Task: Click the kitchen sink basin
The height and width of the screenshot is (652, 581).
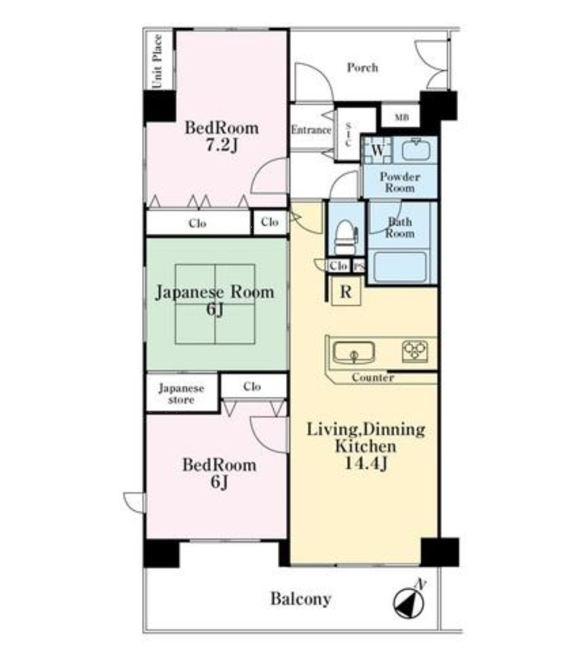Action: tap(354, 352)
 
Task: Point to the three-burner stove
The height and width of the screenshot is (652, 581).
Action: tap(415, 351)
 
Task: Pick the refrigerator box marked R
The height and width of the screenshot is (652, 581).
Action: tap(346, 291)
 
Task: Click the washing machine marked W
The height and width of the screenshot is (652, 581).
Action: tap(377, 150)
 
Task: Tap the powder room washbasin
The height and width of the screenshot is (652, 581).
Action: tap(416, 150)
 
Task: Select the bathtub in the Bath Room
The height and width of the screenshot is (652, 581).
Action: tap(400, 267)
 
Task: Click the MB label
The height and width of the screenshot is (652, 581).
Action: tap(402, 117)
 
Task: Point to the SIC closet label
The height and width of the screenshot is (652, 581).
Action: tap(348, 134)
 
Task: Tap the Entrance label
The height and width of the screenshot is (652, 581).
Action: tap(311, 130)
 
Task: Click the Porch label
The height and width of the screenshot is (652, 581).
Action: tap(363, 68)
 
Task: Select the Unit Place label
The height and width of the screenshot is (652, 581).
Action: tap(157, 62)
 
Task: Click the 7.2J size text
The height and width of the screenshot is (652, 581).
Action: tap(222, 145)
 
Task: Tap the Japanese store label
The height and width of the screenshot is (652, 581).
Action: tap(181, 394)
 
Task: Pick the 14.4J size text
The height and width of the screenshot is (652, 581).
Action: tap(366, 464)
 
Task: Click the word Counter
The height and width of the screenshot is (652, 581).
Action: tap(373, 377)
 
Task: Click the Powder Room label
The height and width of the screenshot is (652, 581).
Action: tap(400, 182)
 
